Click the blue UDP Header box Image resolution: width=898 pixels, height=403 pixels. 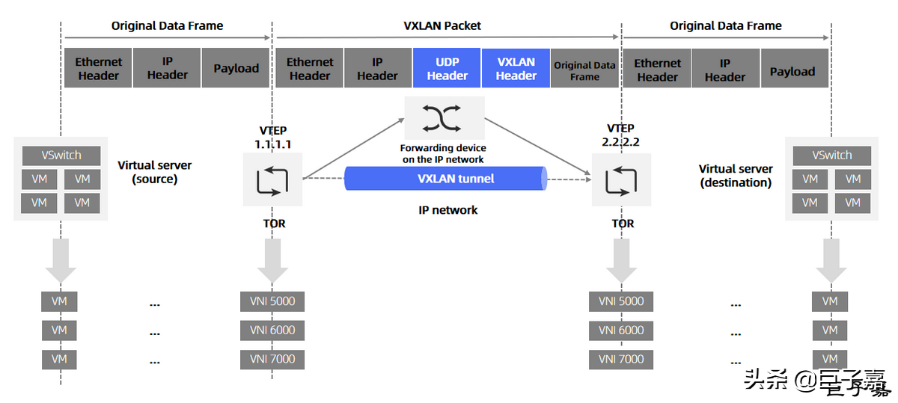click(x=447, y=69)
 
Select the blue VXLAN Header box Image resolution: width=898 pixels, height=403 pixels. click(x=516, y=69)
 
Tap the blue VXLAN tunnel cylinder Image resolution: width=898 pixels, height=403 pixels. click(x=446, y=179)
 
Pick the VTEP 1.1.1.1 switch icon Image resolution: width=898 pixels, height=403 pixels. click(x=272, y=179)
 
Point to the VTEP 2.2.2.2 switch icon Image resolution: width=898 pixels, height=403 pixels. click(x=621, y=179)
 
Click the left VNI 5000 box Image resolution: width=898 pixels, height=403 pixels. click(x=272, y=301)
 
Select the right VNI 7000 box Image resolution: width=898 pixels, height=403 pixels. click(x=621, y=359)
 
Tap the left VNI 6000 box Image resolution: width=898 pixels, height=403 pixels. click(x=272, y=330)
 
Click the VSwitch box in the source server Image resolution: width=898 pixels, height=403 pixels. click(x=61, y=156)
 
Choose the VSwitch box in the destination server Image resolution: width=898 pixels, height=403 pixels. click(x=831, y=156)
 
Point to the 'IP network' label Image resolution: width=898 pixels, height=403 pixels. click(x=448, y=210)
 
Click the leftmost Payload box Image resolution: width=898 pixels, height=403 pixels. click(x=236, y=69)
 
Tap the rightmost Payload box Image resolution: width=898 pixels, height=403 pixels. click(x=792, y=71)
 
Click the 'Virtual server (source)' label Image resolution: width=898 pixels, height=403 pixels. click(x=155, y=172)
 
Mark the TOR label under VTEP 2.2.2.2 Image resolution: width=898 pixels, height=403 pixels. click(x=622, y=223)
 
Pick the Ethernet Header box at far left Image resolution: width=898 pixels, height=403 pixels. click(x=98, y=69)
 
